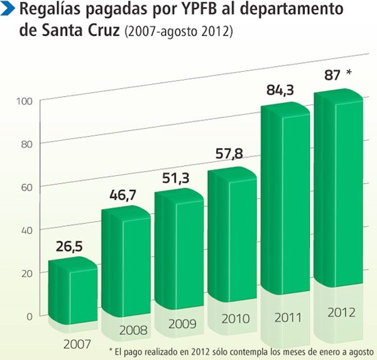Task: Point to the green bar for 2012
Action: coord(339,188)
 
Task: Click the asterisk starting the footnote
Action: coord(111,350)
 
